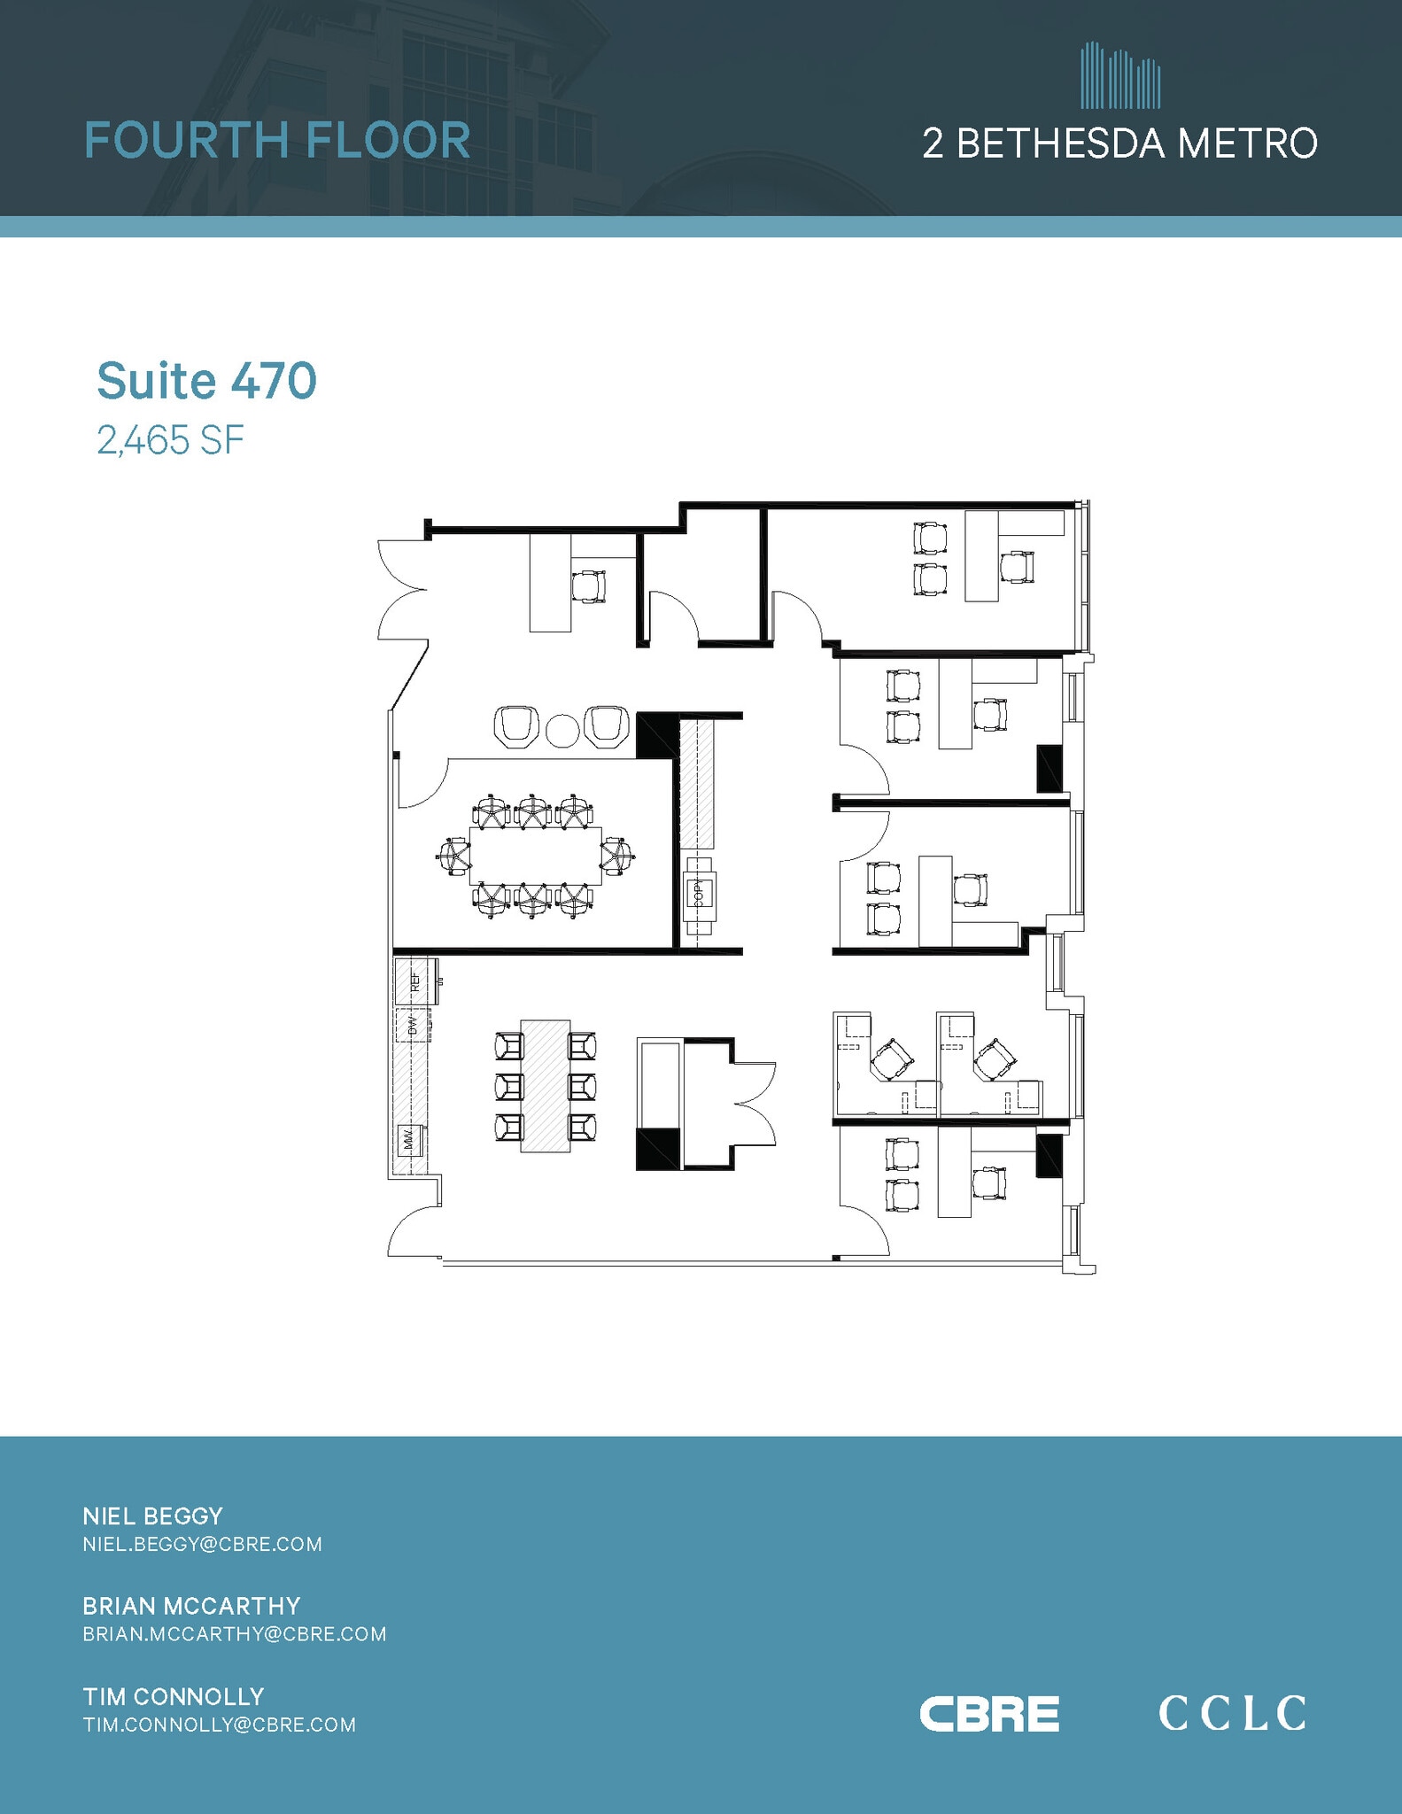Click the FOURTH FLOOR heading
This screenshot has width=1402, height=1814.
coord(277,141)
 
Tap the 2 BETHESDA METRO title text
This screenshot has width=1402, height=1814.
coord(1119,143)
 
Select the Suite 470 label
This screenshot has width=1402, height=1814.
coord(206,381)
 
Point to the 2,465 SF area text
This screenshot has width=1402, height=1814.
coord(170,440)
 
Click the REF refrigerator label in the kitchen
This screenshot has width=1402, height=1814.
coord(414,981)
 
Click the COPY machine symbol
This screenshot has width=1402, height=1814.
coord(699,895)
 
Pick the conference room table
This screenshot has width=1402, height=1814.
coord(535,855)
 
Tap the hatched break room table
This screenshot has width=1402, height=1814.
coord(545,1085)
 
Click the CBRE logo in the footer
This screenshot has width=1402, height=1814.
coord(989,1714)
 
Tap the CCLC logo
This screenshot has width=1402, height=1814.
coord(1232,1713)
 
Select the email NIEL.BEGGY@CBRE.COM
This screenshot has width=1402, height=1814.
coord(202,1545)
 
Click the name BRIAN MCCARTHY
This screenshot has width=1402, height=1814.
coord(191,1606)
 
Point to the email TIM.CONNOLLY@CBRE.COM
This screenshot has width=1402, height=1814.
coord(219,1725)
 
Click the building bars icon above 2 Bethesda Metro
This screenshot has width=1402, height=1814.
coord(1119,76)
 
